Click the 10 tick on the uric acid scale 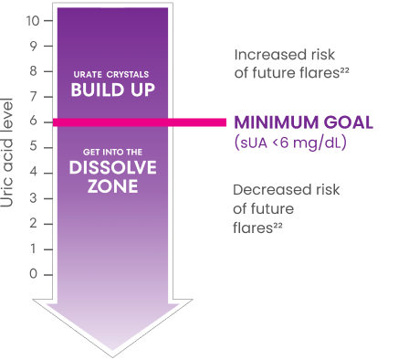(x=32, y=19)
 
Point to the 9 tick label (x=35, y=45)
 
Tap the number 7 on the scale (x=35, y=96)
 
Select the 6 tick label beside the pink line (x=35, y=122)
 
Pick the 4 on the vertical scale (x=35, y=173)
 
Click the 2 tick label (x=35, y=223)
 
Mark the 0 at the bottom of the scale (x=35, y=274)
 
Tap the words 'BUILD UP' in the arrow (x=109, y=90)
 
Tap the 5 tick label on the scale (x=35, y=147)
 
